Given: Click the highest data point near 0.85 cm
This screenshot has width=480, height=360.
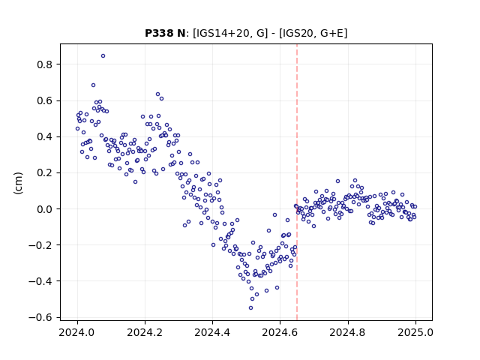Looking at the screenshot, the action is click(103, 56).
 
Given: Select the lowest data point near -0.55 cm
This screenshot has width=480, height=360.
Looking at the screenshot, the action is click(250, 308).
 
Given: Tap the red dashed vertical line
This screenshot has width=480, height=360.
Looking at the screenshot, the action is click(297, 182).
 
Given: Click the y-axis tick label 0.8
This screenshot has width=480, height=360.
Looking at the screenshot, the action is click(44, 64).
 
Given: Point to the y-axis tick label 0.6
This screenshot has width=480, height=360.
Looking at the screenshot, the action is click(44, 100).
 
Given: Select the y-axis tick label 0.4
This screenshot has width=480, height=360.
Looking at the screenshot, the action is click(44, 136).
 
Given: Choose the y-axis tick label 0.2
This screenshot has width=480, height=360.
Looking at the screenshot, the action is click(44, 173).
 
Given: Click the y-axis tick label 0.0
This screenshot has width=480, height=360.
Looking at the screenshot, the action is click(44, 209).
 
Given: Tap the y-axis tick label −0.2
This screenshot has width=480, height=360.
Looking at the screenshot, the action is click(40, 245).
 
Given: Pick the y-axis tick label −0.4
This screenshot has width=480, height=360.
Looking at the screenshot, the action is click(40, 281).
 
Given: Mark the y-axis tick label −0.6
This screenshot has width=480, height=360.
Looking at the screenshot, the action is click(40, 317).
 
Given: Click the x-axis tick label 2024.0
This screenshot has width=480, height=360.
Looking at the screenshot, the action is click(77, 332).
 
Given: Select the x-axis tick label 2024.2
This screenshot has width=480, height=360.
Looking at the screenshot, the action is click(145, 332).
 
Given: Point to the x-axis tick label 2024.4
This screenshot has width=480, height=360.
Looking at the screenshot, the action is click(212, 332).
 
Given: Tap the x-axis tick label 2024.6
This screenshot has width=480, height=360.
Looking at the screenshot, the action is click(280, 332).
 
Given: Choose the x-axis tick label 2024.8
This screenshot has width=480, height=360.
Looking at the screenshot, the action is click(348, 332).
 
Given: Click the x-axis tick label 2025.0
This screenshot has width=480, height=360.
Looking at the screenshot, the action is click(415, 332).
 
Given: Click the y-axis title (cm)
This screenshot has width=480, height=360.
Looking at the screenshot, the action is click(18, 183).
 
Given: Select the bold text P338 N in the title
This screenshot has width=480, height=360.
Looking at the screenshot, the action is click(165, 33).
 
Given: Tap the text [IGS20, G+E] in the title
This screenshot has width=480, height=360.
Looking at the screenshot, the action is click(313, 33).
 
